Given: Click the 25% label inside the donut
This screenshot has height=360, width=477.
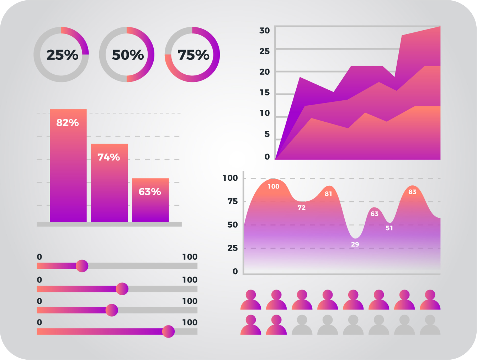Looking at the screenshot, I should coord(62,55).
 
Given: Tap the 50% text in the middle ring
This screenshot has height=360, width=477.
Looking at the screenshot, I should coord(128,55).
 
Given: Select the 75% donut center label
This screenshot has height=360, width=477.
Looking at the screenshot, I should coord(193,55).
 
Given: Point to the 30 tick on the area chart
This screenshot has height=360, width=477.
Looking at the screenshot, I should coord(264,31).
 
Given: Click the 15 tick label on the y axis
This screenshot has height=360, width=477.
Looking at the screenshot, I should coord(264,93).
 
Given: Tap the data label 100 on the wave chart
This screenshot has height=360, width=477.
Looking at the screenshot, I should coord(273,186).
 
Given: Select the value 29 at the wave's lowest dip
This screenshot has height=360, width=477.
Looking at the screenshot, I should coord(355,244).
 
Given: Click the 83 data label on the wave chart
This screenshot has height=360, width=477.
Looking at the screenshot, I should coord(412,192).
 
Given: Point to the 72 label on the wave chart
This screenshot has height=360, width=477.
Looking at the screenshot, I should coord(302,208).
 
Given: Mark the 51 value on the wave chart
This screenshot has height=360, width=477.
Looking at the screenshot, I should coord(389,228).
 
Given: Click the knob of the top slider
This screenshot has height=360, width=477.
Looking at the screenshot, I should coord(82,266).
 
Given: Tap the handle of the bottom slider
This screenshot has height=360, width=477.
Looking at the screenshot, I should coord(168,332).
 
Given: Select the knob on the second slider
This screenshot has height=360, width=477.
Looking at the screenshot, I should coord(122,289).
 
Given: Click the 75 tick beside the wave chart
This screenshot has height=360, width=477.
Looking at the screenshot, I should coord(233,202).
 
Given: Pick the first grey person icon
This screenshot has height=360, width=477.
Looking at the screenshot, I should coord(302,325).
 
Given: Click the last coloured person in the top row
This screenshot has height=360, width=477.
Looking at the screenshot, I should coord(430,300).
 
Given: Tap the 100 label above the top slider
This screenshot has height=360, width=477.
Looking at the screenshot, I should coord(190,257).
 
